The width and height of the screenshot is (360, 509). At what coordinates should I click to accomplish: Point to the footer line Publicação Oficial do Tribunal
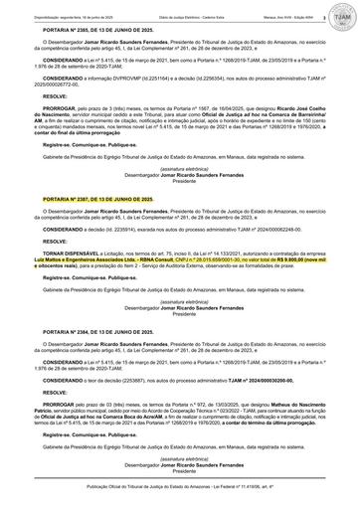[x=180, y=490]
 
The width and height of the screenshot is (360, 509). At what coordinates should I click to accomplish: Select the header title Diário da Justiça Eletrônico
[x=180, y=8]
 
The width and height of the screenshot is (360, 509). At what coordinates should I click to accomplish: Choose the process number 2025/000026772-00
[x=61, y=85]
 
